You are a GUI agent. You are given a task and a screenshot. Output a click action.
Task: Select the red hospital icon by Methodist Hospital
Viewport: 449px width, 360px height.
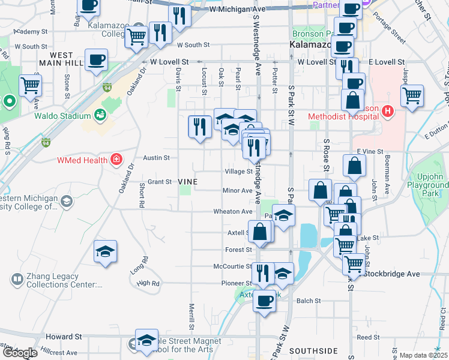388,112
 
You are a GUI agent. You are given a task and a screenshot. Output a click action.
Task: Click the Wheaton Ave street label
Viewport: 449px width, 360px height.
233,211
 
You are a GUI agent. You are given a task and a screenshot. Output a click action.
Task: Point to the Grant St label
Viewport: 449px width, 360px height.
160,181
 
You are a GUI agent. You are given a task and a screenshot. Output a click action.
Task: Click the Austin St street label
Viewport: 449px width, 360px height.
156,158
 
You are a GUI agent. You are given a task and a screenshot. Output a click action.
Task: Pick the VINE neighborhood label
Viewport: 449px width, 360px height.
188,181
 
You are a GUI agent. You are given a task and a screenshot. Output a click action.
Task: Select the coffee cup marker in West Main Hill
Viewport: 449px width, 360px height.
97,60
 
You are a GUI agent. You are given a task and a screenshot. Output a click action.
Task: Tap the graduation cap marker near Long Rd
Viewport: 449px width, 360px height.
105,252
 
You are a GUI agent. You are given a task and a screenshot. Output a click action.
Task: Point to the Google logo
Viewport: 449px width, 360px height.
19,353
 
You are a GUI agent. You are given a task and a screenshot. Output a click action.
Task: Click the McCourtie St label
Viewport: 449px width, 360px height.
232,266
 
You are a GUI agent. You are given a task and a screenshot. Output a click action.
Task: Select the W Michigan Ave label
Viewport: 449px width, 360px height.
238,10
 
